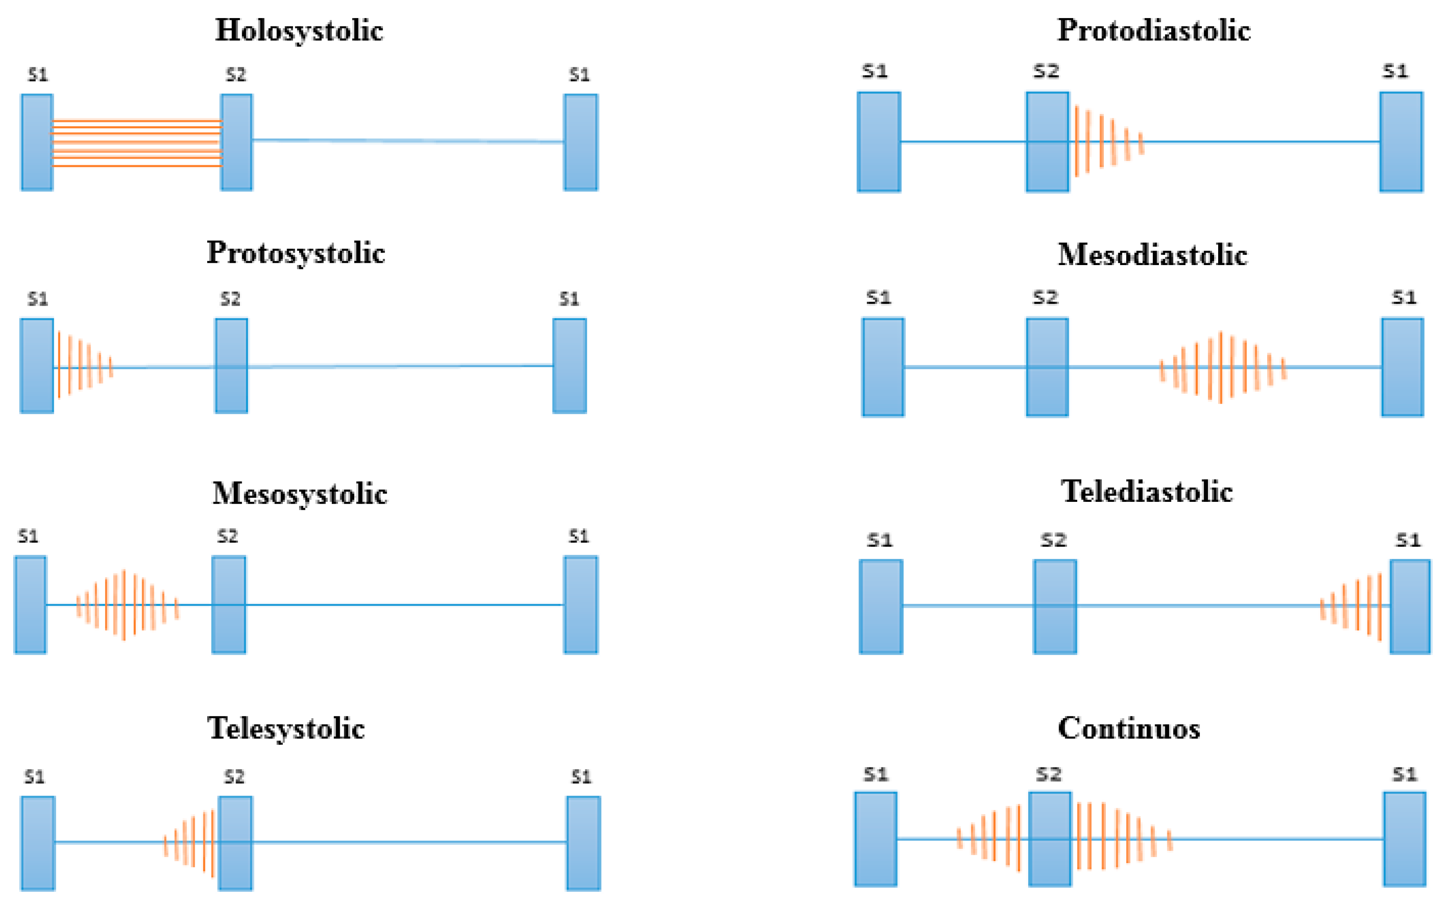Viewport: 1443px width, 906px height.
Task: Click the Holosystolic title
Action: pyautogui.click(x=299, y=30)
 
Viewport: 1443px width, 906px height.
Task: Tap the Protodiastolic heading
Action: pyautogui.click(x=1154, y=30)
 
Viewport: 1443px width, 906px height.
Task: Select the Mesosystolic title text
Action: pyautogui.click(x=300, y=494)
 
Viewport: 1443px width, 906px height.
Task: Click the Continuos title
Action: pyautogui.click(x=1129, y=728)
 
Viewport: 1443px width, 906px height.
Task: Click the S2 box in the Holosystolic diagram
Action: pyautogui.click(x=236, y=142)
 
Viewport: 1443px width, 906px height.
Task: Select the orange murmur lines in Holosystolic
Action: pyautogui.click(x=137, y=143)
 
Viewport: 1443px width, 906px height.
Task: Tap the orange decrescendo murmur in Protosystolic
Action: pyautogui.click(x=84, y=364)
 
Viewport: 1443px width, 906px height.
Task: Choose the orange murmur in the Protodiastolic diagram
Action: pyautogui.click(x=1107, y=142)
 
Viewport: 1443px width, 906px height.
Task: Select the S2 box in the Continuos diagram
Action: pyautogui.click(x=1050, y=839)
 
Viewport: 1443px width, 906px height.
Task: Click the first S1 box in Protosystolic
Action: pyautogui.click(x=37, y=365)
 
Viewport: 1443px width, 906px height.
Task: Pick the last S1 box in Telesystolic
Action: pyautogui.click(x=583, y=843)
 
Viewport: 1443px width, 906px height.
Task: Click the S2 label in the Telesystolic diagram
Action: pyautogui.click(x=234, y=777)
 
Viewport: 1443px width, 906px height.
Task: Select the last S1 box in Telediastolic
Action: pyautogui.click(x=1409, y=607)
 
